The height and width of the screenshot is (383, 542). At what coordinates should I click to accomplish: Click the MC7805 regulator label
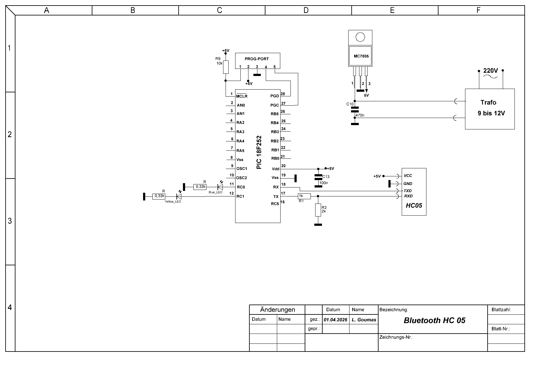(361, 56)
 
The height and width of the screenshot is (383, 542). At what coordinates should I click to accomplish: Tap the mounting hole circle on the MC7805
(360, 37)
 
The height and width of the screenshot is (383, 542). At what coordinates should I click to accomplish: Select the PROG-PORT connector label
(257, 59)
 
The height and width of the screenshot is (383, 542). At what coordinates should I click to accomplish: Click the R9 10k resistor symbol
(226, 67)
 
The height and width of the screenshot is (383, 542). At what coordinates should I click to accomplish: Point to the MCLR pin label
(242, 96)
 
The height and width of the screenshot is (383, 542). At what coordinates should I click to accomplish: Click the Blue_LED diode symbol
(220, 187)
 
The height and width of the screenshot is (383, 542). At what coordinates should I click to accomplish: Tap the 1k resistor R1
(304, 196)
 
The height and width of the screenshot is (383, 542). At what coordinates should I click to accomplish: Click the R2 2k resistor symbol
(318, 210)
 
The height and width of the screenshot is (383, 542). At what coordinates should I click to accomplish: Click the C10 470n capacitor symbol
(355, 109)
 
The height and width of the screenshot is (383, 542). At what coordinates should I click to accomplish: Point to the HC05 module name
(414, 206)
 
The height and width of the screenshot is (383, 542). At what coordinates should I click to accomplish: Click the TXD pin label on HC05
(408, 191)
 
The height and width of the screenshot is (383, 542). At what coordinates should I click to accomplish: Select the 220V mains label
(490, 71)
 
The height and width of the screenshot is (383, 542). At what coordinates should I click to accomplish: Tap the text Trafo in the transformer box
(488, 102)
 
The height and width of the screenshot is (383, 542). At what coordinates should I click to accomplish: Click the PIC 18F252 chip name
(259, 152)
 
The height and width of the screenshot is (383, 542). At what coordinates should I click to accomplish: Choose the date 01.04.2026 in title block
(336, 320)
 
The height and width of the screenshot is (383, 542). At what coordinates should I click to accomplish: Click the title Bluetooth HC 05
(434, 320)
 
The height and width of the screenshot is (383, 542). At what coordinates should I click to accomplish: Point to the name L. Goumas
(364, 320)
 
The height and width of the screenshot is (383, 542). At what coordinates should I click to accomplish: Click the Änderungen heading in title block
(277, 309)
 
